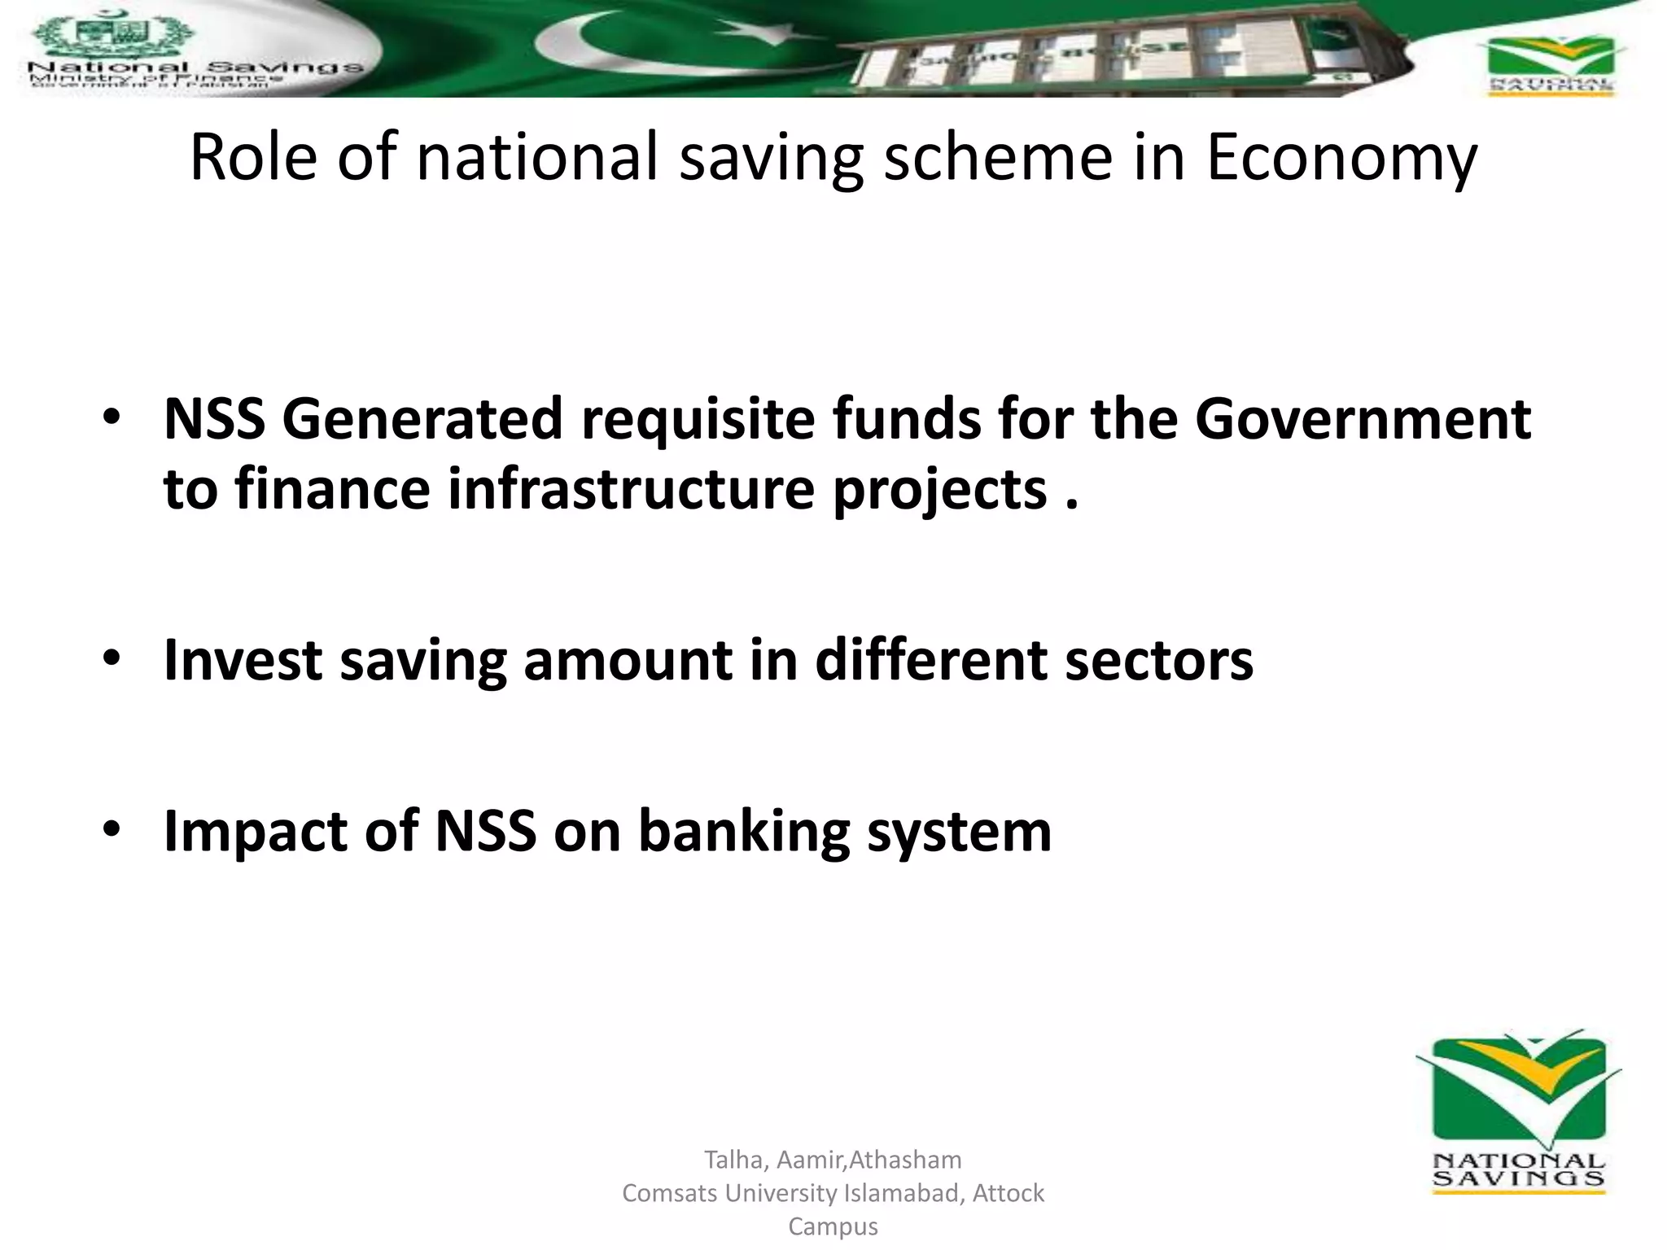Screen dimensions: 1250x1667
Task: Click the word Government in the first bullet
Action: [x=1363, y=419]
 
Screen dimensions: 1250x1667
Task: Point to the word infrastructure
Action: [x=631, y=490]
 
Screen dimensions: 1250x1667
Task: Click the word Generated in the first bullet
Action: [x=422, y=419]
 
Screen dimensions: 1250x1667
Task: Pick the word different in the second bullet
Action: [x=931, y=659]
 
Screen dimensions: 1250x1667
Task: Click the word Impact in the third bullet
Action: [x=256, y=832]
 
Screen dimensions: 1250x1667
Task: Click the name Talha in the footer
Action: [x=733, y=1159]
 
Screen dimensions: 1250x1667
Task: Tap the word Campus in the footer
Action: [x=833, y=1226]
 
